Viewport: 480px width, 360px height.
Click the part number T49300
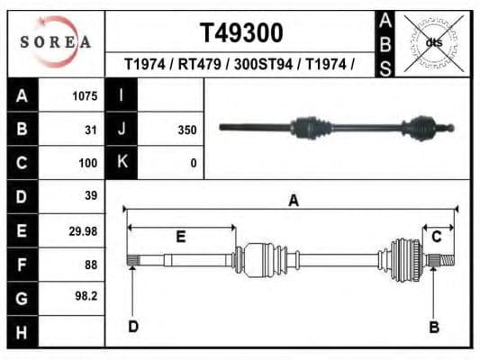240,33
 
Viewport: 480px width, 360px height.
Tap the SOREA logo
56,42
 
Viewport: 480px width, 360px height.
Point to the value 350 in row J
186,130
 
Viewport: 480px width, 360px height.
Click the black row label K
121,163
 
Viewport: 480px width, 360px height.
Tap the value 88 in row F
89,265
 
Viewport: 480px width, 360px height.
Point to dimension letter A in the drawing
293,201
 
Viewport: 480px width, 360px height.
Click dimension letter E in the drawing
180,237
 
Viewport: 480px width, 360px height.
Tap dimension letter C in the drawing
436,237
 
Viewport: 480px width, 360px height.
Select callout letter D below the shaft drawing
132,326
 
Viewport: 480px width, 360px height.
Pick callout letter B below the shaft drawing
433,327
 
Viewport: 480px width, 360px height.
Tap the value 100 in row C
86,164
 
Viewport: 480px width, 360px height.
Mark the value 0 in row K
193,164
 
